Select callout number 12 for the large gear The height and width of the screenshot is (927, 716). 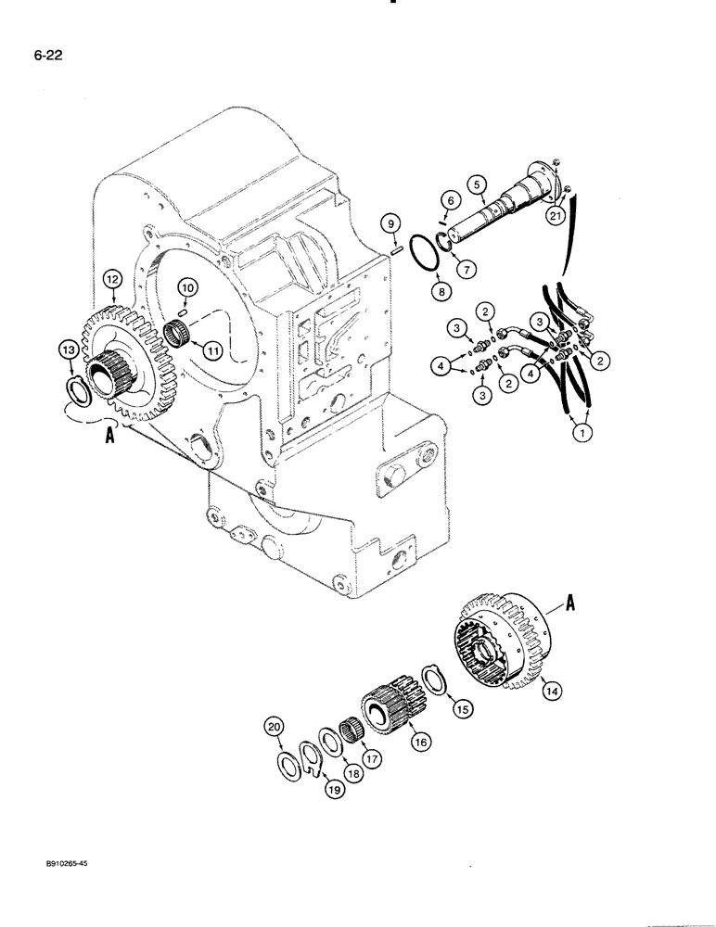coord(112,277)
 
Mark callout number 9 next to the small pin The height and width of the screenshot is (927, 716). coord(390,222)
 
